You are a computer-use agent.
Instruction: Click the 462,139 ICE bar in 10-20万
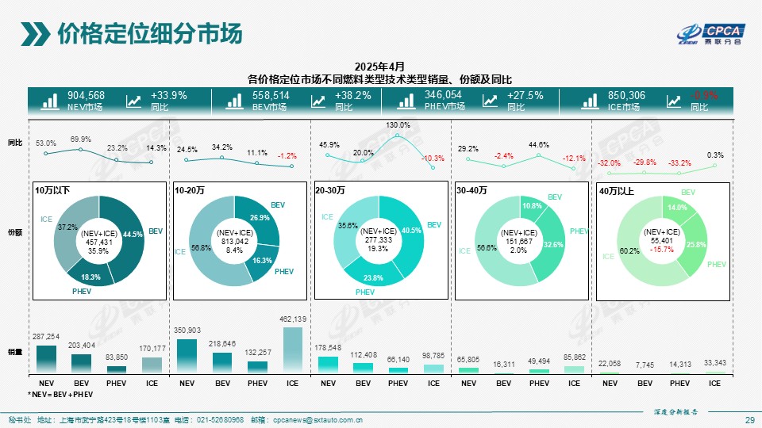pyautogui.click(x=292, y=350)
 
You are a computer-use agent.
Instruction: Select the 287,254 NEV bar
pyautogui.click(x=47, y=359)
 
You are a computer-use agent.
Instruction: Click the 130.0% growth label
pyautogui.click(x=398, y=125)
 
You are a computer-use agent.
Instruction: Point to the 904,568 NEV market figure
pyautogui.click(x=86, y=96)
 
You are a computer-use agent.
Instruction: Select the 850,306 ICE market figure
pyautogui.click(x=626, y=96)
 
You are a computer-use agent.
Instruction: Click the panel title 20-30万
pyautogui.click(x=329, y=190)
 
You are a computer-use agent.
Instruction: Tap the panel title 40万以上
pyautogui.click(x=617, y=190)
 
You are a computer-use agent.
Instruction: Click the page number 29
pyautogui.click(x=749, y=419)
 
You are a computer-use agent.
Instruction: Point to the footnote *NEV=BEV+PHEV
pyautogui.click(x=60, y=394)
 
